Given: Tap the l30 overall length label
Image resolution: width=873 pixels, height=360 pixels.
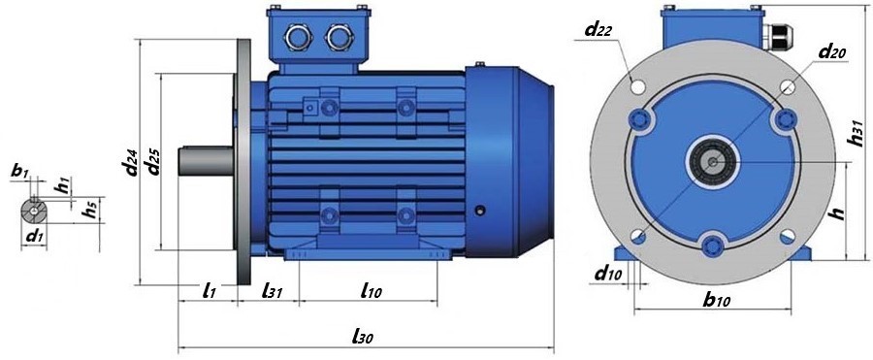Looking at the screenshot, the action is (363, 335).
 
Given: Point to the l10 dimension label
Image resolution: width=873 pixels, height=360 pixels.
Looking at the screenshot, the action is (371, 290).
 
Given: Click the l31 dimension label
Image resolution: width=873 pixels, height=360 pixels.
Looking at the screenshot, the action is (273, 290).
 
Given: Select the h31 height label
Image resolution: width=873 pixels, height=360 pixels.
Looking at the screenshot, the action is (857, 134).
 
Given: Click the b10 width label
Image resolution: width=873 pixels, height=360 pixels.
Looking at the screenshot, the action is (716, 301).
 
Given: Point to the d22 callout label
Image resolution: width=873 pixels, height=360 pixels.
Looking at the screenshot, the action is (598, 29).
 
